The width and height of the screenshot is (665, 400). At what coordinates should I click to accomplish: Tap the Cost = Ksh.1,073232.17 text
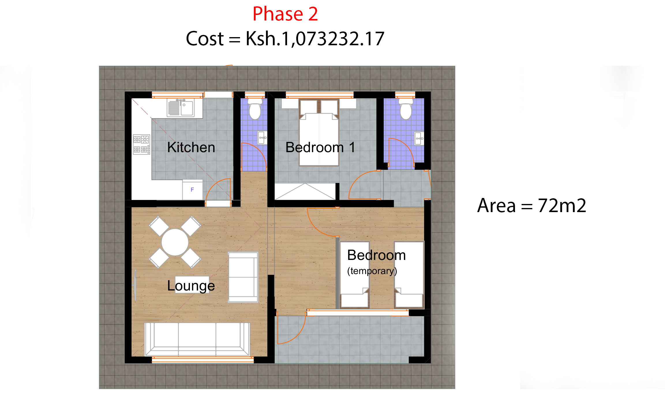tap(285, 39)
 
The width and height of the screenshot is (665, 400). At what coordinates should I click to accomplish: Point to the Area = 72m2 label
tap(531, 206)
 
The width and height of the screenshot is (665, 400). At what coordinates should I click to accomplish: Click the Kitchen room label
tap(191, 148)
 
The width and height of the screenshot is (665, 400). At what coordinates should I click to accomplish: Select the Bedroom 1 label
tap(320, 148)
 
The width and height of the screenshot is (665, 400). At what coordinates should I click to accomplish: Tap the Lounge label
tap(191, 286)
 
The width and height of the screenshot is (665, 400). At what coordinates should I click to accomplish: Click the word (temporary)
tap(372, 271)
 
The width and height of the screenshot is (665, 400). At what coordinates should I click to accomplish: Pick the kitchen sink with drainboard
tap(181, 108)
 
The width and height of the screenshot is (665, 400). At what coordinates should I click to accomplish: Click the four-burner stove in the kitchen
tap(141, 144)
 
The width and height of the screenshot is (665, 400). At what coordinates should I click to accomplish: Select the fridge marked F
tap(192, 190)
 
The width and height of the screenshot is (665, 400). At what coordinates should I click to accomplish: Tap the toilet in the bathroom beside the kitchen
tap(255, 109)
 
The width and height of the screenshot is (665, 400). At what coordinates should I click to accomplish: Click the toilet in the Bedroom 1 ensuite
tap(406, 109)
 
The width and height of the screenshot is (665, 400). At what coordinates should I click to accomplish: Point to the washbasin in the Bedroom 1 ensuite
tap(419, 139)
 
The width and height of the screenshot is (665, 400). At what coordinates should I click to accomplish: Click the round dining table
tap(175, 242)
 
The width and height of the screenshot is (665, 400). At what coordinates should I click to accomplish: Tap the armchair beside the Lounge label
tap(243, 277)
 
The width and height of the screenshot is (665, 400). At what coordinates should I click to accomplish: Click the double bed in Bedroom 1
tap(319, 135)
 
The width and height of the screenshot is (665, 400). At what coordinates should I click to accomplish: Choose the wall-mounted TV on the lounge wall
tap(135, 285)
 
